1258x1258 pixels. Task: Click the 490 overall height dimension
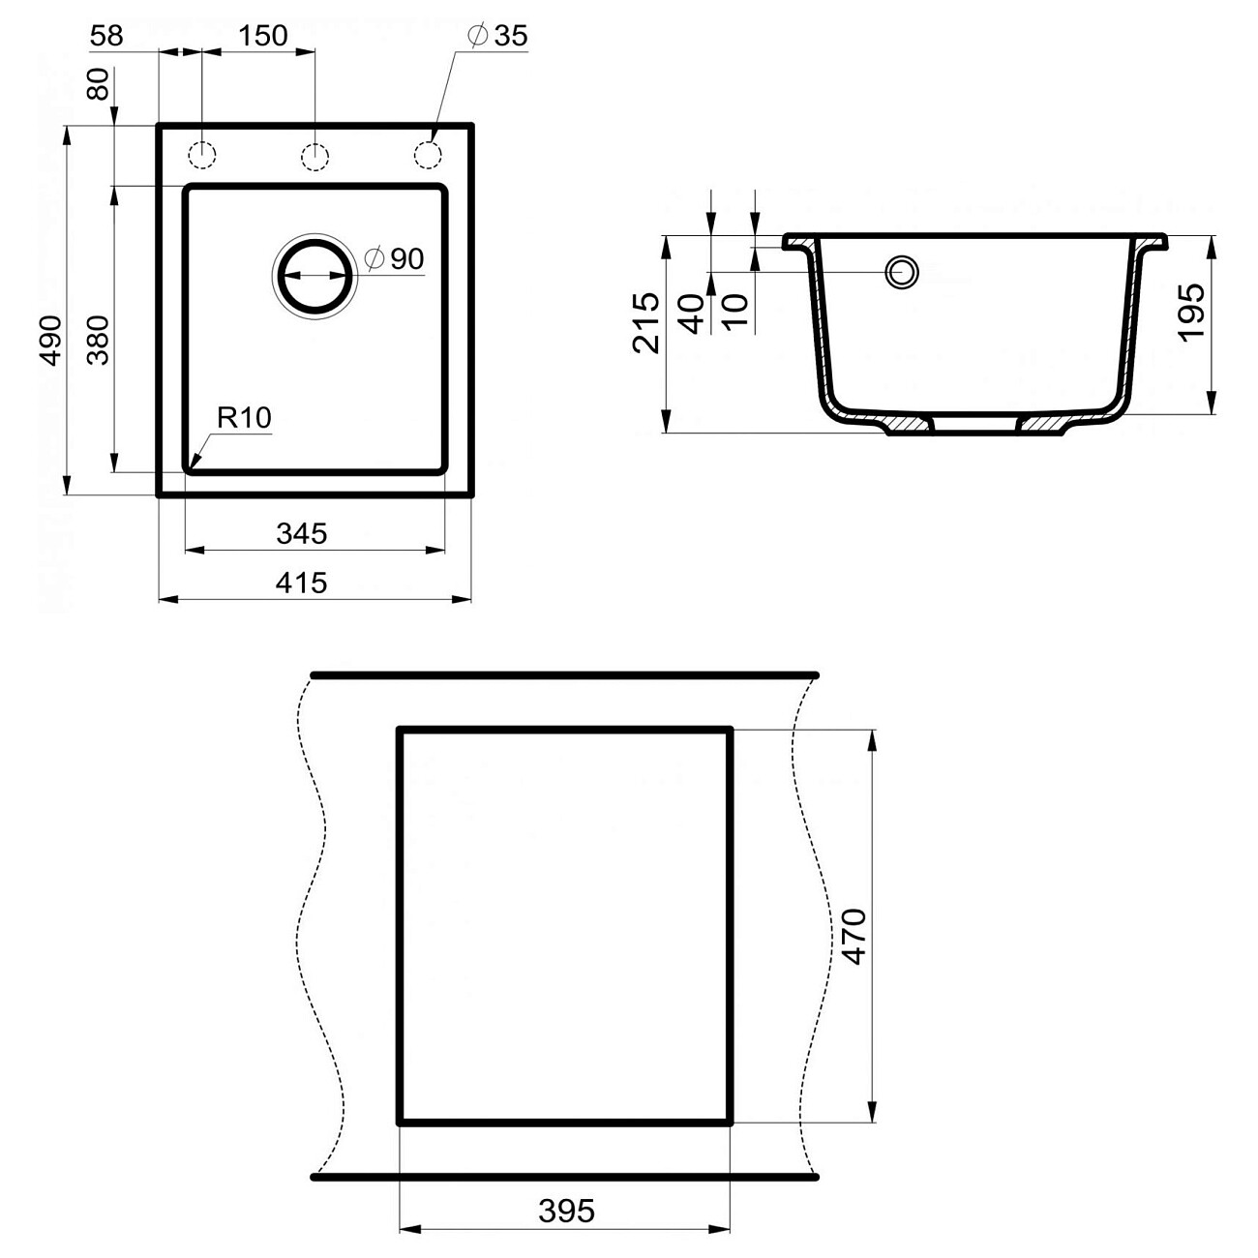click(x=50, y=340)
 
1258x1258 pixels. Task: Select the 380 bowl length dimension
click(x=99, y=340)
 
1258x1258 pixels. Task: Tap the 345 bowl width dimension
click(x=302, y=533)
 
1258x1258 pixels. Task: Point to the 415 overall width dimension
click(x=302, y=583)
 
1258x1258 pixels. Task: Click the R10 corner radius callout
click(x=244, y=418)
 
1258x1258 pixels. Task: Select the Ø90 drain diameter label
click(x=395, y=258)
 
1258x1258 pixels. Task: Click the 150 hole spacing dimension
click(x=262, y=36)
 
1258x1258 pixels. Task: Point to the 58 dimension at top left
click(x=106, y=36)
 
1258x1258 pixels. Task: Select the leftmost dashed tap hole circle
click(x=201, y=155)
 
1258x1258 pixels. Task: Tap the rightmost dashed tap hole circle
click(x=428, y=155)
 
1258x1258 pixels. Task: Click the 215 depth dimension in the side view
click(x=646, y=322)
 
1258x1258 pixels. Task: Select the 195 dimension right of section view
click(x=1191, y=311)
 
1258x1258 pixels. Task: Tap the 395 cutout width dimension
click(x=566, y=1211)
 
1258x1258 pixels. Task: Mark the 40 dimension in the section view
click(x=692, y=314)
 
